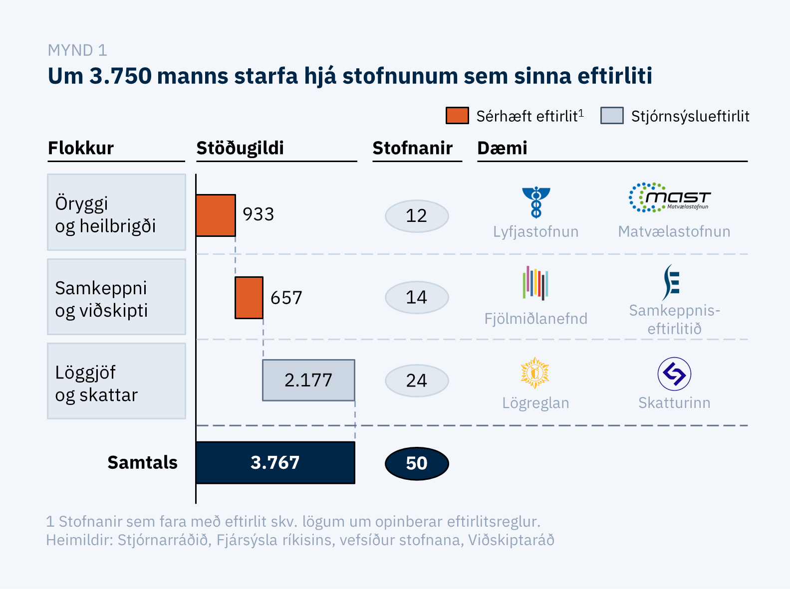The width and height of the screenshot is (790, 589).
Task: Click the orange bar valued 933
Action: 216,215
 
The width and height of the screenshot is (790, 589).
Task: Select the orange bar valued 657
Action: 249,298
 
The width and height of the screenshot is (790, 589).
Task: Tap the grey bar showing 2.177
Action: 308,380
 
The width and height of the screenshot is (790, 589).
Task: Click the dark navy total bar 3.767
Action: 275,462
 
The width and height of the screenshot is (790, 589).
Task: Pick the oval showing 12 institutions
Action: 417,216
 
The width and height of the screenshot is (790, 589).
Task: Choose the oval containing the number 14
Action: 417,297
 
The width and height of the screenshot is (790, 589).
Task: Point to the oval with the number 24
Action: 417,381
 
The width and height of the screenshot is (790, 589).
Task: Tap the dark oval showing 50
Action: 417,463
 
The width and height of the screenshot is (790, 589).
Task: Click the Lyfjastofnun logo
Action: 536,202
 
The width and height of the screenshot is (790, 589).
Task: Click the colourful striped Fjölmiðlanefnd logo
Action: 535,283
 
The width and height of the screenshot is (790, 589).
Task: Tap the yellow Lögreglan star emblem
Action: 535,373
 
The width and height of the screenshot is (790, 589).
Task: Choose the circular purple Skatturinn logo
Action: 674,374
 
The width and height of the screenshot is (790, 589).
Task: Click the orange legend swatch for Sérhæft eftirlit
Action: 457,116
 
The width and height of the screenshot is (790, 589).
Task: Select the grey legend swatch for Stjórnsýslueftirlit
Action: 612,116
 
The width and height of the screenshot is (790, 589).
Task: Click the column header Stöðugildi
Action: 240,148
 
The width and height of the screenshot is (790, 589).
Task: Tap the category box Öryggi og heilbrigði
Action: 116,212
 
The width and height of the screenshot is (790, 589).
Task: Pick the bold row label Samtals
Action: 142,462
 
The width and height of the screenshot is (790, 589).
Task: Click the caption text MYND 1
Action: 77,50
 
